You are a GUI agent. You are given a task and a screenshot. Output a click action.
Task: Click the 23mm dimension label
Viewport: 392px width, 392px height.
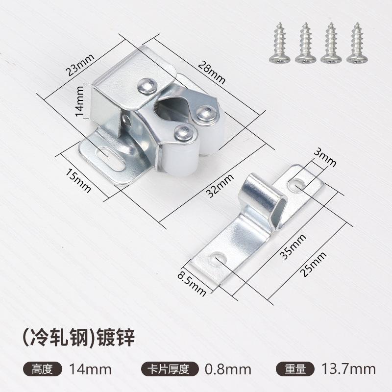coord(80,62)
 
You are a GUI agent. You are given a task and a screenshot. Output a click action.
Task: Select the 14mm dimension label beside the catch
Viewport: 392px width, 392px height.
coord(80,101)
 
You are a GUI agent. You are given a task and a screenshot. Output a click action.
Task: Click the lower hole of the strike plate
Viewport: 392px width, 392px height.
coord(216,260)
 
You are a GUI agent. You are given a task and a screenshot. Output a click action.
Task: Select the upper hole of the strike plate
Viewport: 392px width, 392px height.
coord(296,185)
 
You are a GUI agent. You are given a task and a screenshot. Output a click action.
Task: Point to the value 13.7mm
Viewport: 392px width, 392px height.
coord(348,368)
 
